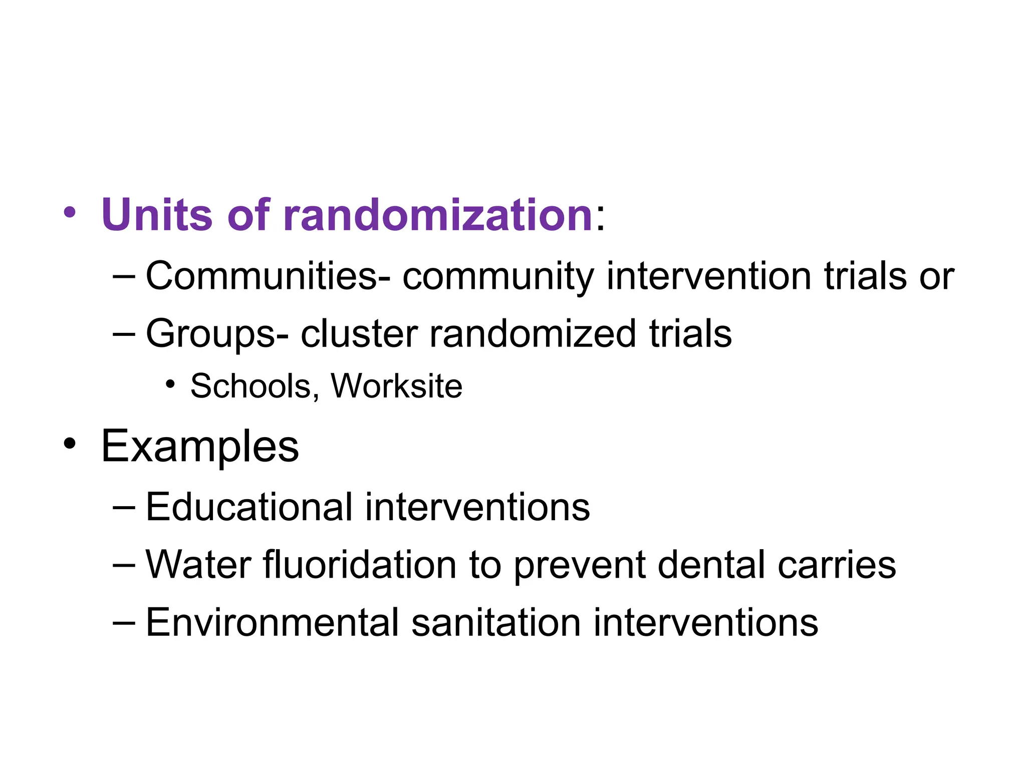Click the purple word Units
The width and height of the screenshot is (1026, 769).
(157, 215)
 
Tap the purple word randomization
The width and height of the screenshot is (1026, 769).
(438, 215)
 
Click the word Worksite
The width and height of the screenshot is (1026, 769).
(396, 386)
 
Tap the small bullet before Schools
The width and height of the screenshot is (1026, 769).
(170, 384)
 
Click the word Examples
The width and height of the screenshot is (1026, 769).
(200, 447)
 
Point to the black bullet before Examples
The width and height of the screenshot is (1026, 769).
(70, 444)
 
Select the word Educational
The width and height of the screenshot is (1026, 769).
(249, 507)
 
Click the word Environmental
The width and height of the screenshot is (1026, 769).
(272, 622)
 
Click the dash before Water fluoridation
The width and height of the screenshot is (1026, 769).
(124, 565)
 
